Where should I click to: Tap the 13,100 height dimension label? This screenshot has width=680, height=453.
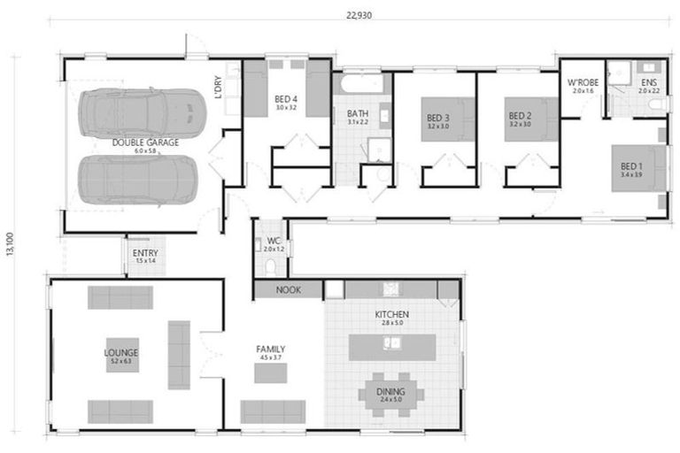[x=10, y=245]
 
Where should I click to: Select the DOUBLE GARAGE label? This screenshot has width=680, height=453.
[x=145, y=142]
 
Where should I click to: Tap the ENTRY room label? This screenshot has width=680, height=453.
[x=144, y=253]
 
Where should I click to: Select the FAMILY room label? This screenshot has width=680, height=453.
[x=270, y=349]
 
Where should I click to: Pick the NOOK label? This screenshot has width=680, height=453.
[x=289, y=289]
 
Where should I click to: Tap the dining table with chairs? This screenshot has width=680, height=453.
[x=390, y=394]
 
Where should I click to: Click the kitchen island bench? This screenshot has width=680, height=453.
[x=391, y=346]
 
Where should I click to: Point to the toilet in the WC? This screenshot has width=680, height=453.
[x=271, y=265]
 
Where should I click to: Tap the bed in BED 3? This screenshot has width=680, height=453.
[x=447, y=119]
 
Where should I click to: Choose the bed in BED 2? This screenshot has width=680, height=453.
[x=529, y=119]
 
